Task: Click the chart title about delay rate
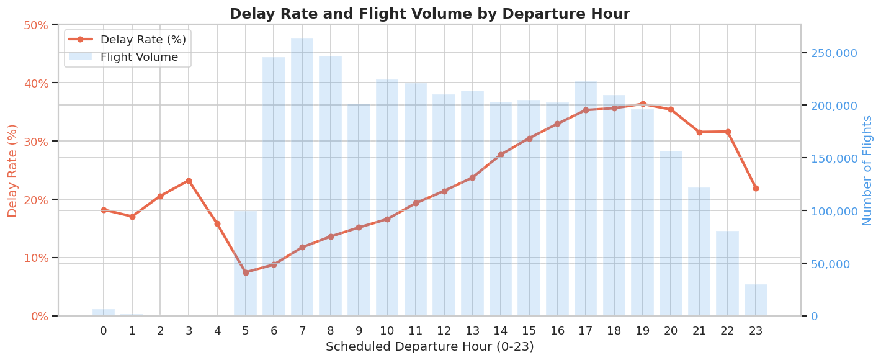click(x=429, y=14)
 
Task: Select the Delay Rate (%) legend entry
click(x=143, y=40)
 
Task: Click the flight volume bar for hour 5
click(x=245, y=263)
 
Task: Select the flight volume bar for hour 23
click(x=756, y=300)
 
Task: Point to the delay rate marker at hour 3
click(x=189, y=181)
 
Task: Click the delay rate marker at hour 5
click(x=246, y=272)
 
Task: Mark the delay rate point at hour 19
click(x=643, y=104)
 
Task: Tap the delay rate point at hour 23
click(x=756, y=188)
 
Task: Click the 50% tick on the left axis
click(x=35, y=25)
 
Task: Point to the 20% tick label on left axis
click(x=35, y=200)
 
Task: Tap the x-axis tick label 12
click(x=444, y=331)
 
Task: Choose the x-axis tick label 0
click(x=104, y=331)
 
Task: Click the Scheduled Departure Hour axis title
click(x=429, y=347)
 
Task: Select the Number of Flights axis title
click(x=867, y=170)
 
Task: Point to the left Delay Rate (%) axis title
click(x=12, y=170)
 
